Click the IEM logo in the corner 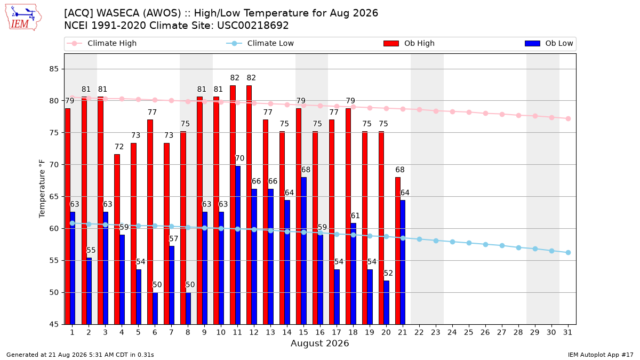23,18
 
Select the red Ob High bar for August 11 233,205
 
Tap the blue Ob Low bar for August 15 303,251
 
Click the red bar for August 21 398,251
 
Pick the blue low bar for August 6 155,309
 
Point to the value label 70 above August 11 239,158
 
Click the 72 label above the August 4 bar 119,147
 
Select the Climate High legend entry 102,43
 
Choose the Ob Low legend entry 549,43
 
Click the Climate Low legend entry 260,43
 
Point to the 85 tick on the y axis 54,69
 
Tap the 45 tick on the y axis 54,324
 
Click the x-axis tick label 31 567,332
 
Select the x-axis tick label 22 419,332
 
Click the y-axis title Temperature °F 42,189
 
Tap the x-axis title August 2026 319,343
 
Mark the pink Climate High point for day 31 569,118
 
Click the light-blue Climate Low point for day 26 485,245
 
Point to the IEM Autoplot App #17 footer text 601,355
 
